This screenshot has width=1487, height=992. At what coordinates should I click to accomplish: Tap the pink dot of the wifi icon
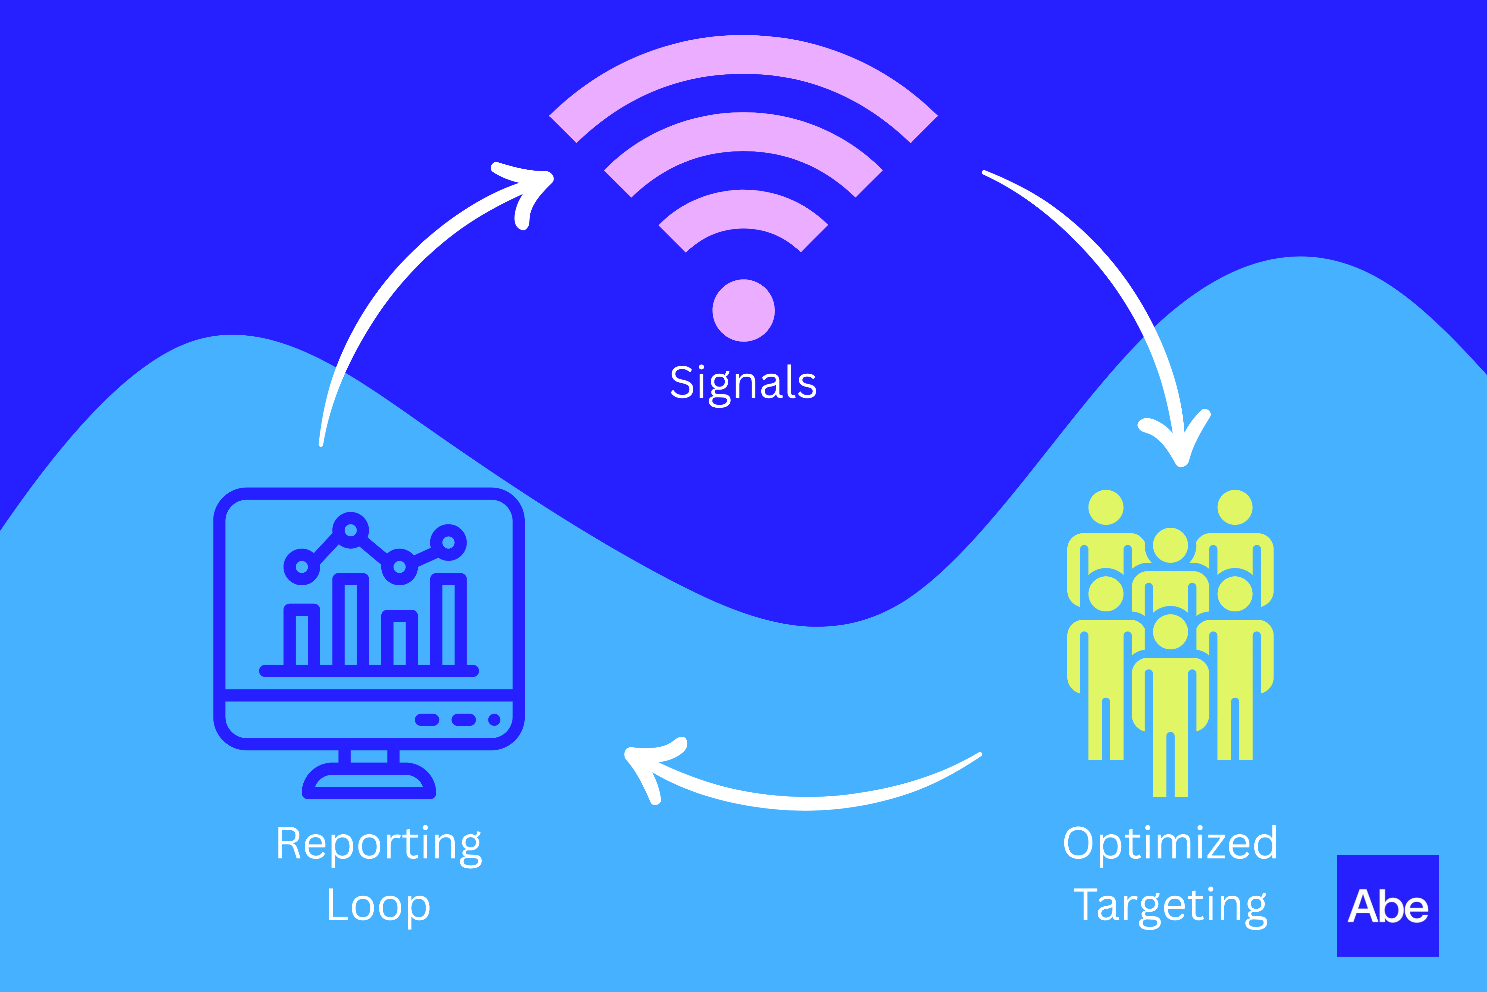pos(743,310)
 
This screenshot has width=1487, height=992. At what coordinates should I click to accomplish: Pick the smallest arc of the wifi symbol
pos(743,209)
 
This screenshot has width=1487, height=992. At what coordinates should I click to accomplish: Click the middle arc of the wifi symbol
pos(743,132)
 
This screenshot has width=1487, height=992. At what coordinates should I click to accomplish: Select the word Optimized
pos(1170,845)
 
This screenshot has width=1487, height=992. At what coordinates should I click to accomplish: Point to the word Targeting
pos(1170,906)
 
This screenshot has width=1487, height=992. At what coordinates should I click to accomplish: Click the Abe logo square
pos(1388,906)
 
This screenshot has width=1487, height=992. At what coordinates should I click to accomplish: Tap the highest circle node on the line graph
pos(350,530)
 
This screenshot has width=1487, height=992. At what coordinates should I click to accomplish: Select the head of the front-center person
pos(1170,631)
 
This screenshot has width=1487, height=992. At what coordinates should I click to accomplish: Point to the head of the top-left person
pos(1106,507)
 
